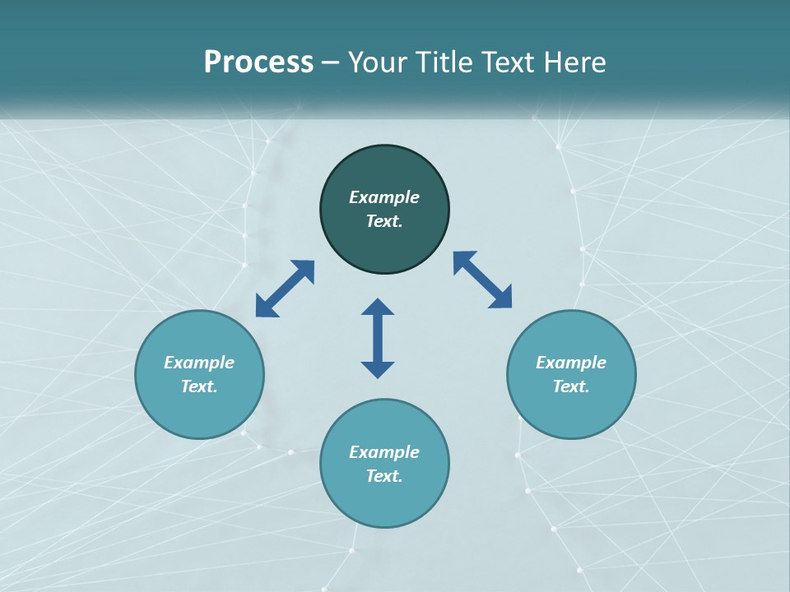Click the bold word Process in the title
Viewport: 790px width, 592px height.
pos(258,62)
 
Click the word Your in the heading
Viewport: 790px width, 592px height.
pos(379,62)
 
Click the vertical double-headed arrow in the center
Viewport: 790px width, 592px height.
pos(378,338)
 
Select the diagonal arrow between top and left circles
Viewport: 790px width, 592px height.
pos(285,289)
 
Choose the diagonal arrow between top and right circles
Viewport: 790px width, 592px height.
pos(482,280)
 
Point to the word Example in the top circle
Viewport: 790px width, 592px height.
pos(384,197)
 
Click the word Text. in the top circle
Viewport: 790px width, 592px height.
pos(384,221)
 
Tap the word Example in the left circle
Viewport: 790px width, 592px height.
pos(199,363)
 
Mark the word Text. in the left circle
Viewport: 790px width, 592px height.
pos(199,386)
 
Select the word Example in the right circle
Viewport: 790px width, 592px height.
pos(571,363)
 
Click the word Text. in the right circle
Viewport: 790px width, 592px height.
pos(571,386)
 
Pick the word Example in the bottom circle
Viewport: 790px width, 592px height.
pos(384,452)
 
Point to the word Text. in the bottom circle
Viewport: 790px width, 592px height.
pos(384,476)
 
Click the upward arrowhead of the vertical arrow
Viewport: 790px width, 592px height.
pos(378,306)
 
